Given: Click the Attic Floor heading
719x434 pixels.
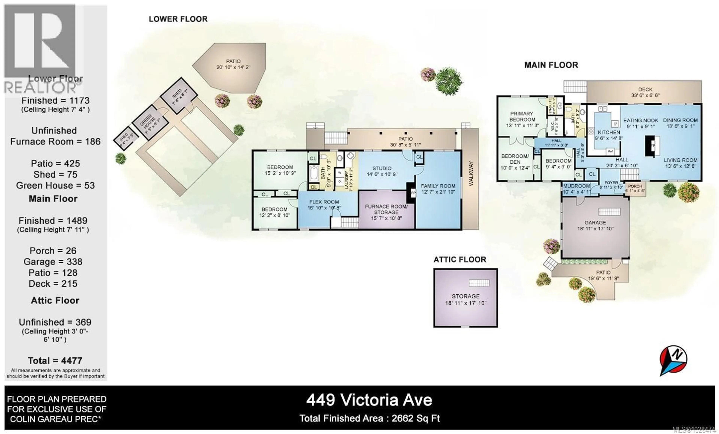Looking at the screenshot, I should (460, 259).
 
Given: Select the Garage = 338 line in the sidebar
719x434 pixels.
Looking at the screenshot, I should (53, 262).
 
